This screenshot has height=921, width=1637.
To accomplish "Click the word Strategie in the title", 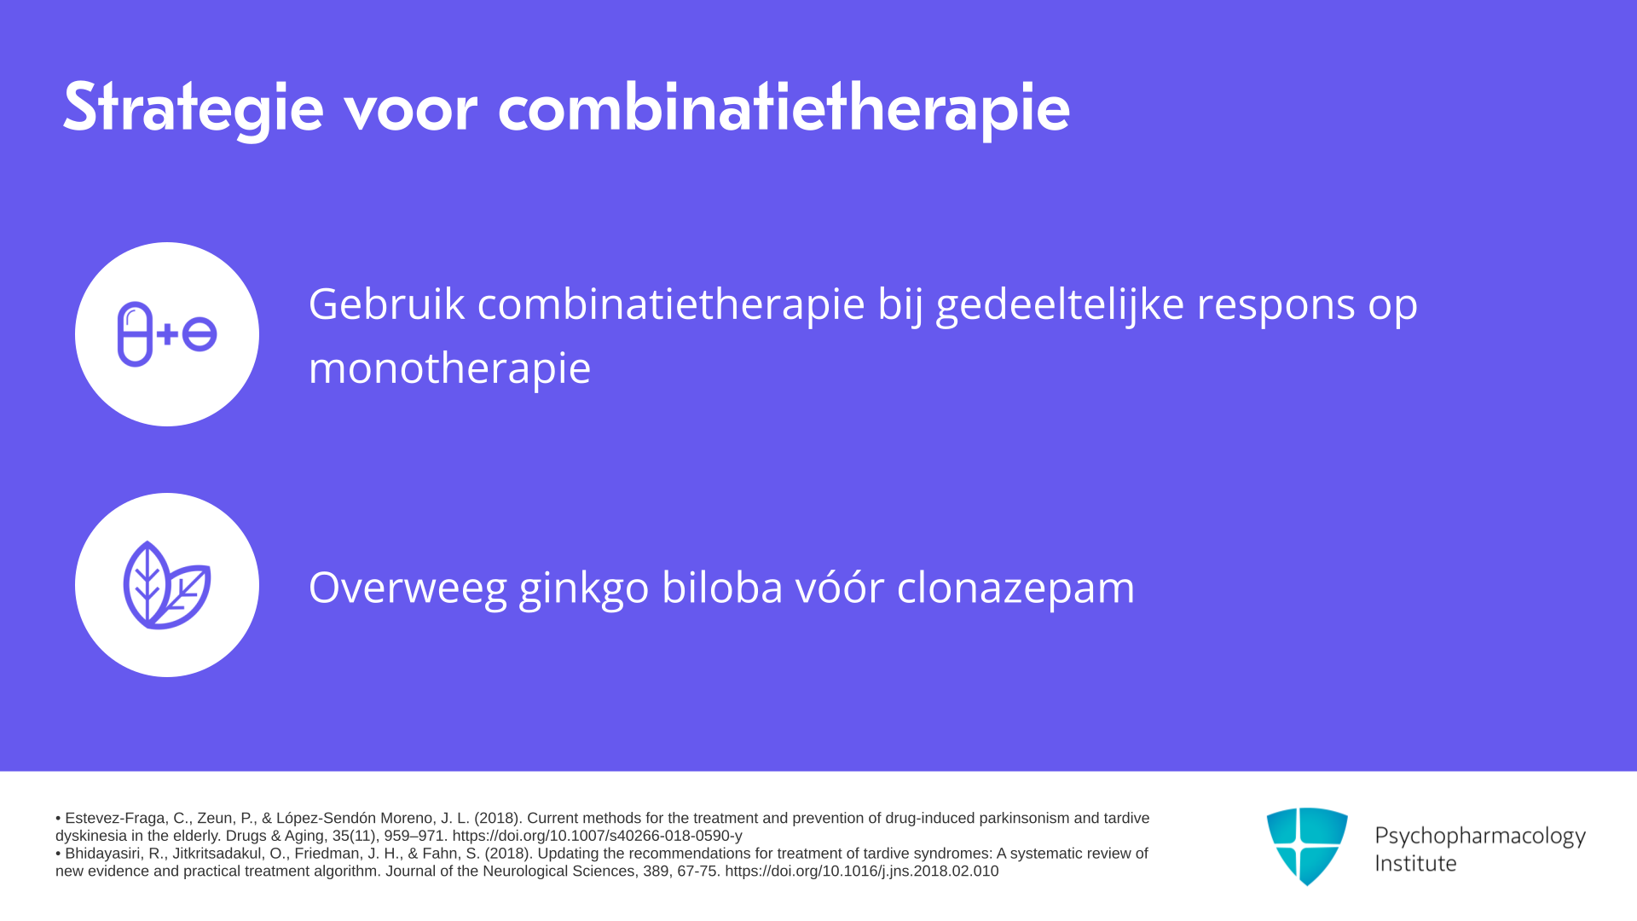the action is pyautogui.click(x=194, y=108).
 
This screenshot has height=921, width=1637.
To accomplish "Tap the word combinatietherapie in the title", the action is pyautogui.click(x=784, y=108).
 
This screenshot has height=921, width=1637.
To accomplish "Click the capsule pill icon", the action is pyautogui.click(x=135, y=334).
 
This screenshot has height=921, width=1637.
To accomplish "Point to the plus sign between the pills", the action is pyautogui.click(x=167, y=334).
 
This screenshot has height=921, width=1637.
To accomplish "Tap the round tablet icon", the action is pyautogui.click(x=200, y=334).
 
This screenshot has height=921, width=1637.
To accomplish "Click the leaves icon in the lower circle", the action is pyautogui.click(x=167, y=585).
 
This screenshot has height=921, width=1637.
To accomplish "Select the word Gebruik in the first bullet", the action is pyautogui.click(x=386, y=304).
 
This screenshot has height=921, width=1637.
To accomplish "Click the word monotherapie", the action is pyautogui.click(x=449, y=368).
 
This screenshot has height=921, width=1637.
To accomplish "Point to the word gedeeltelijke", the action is pyautogui.click(x=1060, y=305).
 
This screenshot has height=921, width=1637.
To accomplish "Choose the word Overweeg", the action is pyautogui.click(x=408, y=588).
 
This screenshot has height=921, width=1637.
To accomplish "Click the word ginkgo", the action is pyautogui.click(x=584, y=588).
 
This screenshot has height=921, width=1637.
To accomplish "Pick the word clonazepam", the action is pyautogui.click(x=1015, y=588).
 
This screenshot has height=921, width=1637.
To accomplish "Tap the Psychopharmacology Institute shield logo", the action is pyautogui.click(x=1307, y=847).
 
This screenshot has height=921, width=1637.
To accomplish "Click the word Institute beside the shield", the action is pyautogui.click(x=1415, y=863).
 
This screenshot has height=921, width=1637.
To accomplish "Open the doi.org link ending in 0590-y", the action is pyautogui.click(x=597, y=836).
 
